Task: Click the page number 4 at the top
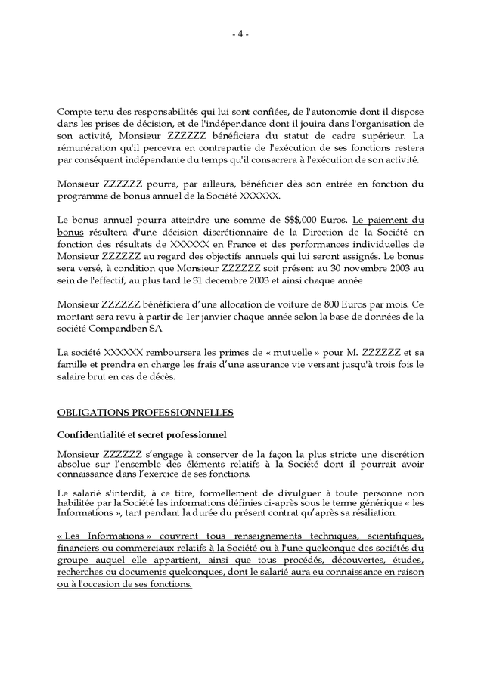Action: click(x=240, y=33)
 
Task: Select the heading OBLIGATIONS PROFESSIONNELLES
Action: click(x=145, y=412)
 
